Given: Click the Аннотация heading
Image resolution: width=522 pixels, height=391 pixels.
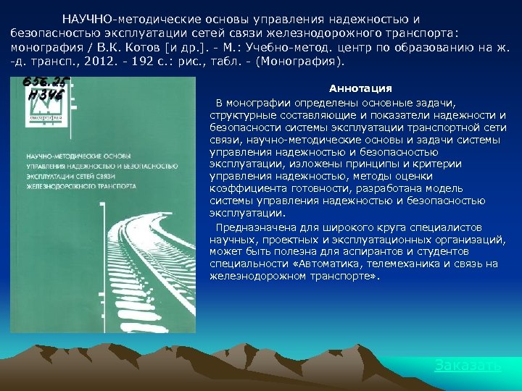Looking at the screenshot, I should (360, 88).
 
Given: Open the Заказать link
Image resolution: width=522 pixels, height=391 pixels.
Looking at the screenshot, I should (468, 365).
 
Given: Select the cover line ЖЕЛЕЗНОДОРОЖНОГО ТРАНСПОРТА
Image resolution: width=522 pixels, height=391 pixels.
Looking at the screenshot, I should (80, 186).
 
